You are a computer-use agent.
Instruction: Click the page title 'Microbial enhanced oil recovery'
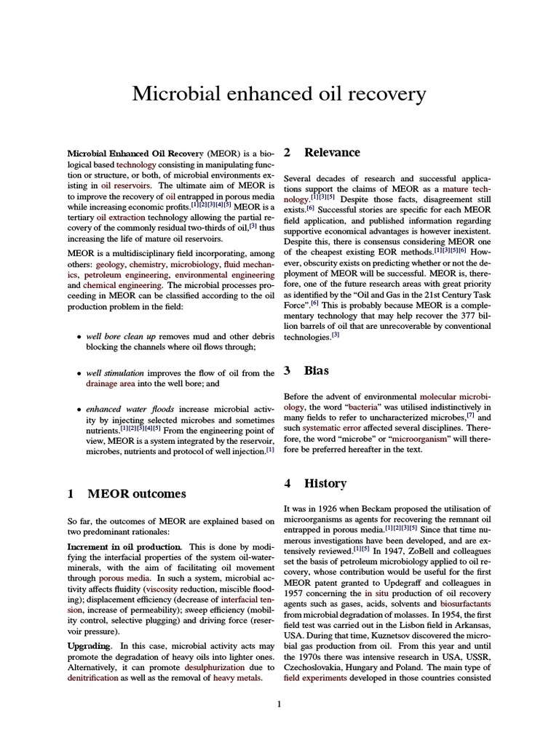(x=279, y=94)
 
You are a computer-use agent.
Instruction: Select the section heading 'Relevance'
(x=332, y=153)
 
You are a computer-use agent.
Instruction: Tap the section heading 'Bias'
(x=316, y=371)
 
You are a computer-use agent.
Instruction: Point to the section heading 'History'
(x=325, y=484)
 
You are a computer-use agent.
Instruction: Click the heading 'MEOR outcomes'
(x=136, y=494)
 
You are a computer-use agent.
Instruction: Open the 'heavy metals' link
(x=237, y=677)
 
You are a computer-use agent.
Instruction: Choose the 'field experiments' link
(x=318, y=677)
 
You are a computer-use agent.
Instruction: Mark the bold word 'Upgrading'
(x=90, y=645)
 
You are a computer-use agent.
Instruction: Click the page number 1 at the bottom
(x=279, y=704)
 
